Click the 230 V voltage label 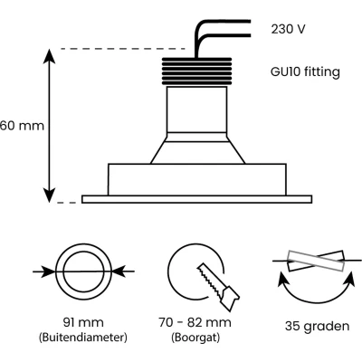click(x=288, y=29)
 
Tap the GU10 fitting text click(x=305, y=72)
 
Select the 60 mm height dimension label click(x=22, y=126)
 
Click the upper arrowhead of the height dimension click(x=49, y=56)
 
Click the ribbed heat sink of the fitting click(x=196, y=71)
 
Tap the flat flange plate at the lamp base click(x=196, y=199)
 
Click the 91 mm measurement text click(x=83, y=322)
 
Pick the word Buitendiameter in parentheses click(x=83, y=337)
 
